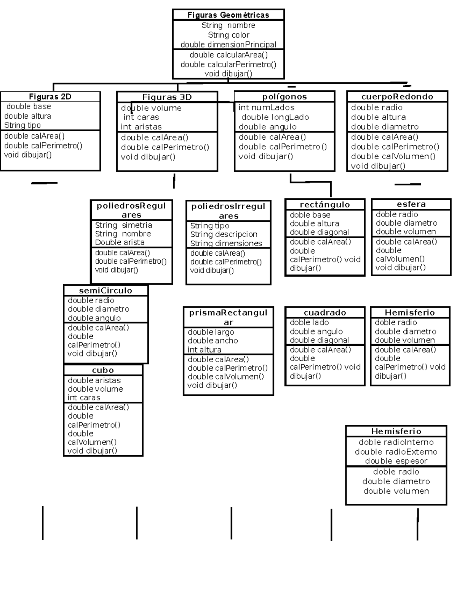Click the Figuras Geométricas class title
tap(228, 15)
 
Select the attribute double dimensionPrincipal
tap(228, 45)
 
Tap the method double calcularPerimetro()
tap(228, 64)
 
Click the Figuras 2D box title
tap(50, 97)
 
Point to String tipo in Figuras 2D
tap(22, 125)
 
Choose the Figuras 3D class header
tap(167, 97)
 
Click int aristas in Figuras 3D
tap(141, 127)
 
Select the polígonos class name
tap(284, 97)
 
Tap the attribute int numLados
tap(266, 108)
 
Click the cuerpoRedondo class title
tap(397, 97)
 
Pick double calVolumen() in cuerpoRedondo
tap(393, 156)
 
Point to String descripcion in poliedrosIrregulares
tap(224, 234)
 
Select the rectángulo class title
tap(324, 205)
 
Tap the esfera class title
tap(411, 204)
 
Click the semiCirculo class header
tap(105, 291)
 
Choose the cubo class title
tap(103, 370)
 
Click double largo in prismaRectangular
tap(211, 332)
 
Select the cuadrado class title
tap(324, 313)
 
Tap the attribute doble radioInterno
tap(396, 442)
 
